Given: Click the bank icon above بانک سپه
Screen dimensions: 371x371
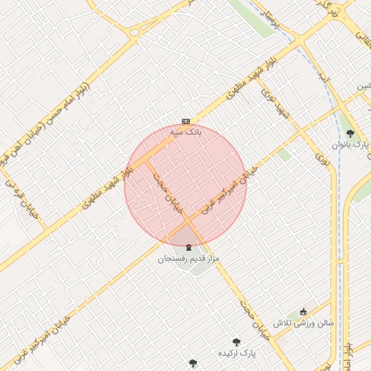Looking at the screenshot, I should pyautogui.click(x=186, y=121).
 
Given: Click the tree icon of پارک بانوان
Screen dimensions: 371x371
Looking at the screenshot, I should pyautogui.click(x=351, y=133).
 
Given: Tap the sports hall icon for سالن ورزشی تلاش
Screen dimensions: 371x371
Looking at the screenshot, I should pyautogui.click(x=303, y=312).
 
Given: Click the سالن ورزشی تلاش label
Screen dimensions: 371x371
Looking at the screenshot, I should pyautogui.click(x=303, y=322).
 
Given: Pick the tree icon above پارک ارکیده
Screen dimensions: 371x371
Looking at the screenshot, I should pyautogui.click(x=235, y=341).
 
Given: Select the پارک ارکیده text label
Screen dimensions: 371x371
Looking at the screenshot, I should pyautogui.click(x=238, y=353).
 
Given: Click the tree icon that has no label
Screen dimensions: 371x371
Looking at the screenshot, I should pyautogui.click(x=192, y=363).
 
